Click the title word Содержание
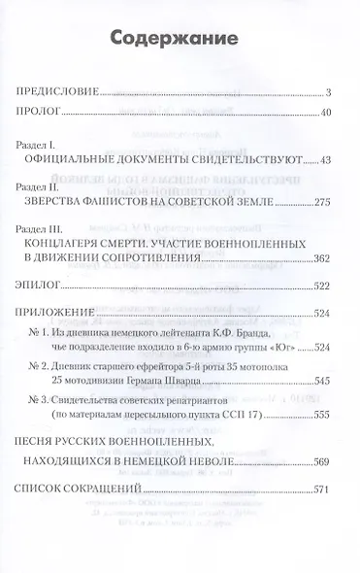(180, 42)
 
